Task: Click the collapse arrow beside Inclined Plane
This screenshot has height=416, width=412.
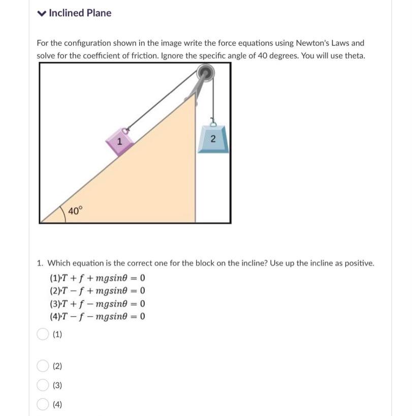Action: click(42, 14)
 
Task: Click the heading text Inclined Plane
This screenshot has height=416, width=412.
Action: click(80, 13)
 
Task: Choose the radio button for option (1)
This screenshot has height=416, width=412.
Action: click(42, 334)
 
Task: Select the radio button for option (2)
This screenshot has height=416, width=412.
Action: click(42, 366)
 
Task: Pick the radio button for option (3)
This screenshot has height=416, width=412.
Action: click(42, 385)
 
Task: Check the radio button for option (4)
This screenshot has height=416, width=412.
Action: click(42, 404)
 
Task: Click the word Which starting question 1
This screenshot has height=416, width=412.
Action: click(59, 263)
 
